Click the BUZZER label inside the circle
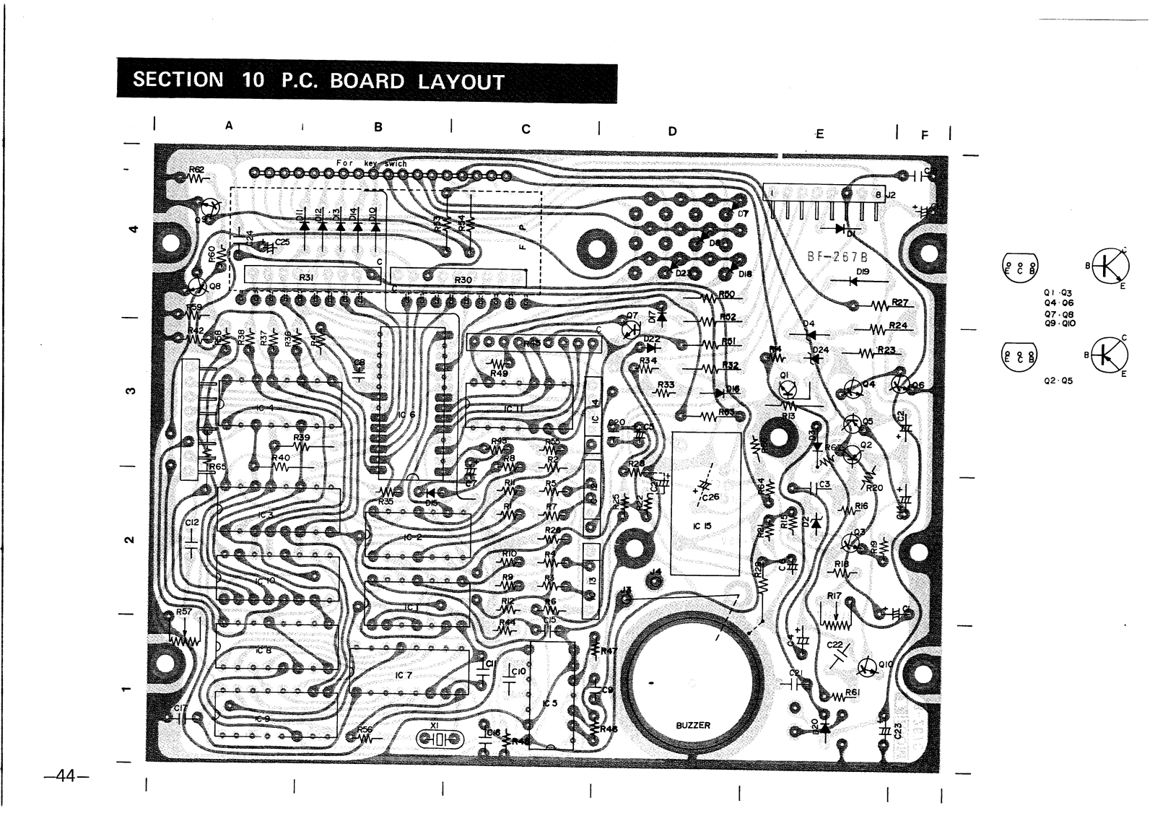693,725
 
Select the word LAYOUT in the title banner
461,82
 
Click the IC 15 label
702,526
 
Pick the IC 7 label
404,675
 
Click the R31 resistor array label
305,277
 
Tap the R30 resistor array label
463,279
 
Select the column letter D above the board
672,131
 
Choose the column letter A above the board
229,126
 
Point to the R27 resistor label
899,303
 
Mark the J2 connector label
891,194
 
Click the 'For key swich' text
371,163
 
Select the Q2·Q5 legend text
1058,381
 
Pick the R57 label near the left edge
183,612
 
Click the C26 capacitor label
710,497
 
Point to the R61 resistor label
853,692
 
